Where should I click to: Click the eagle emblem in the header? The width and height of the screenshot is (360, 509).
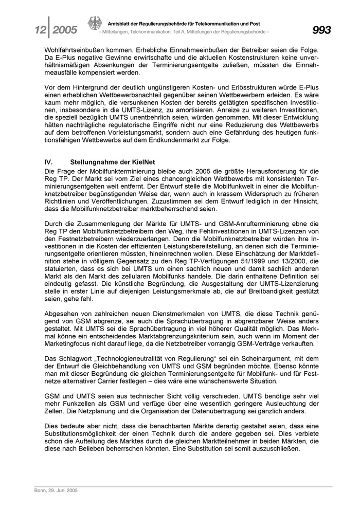(94, 24)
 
